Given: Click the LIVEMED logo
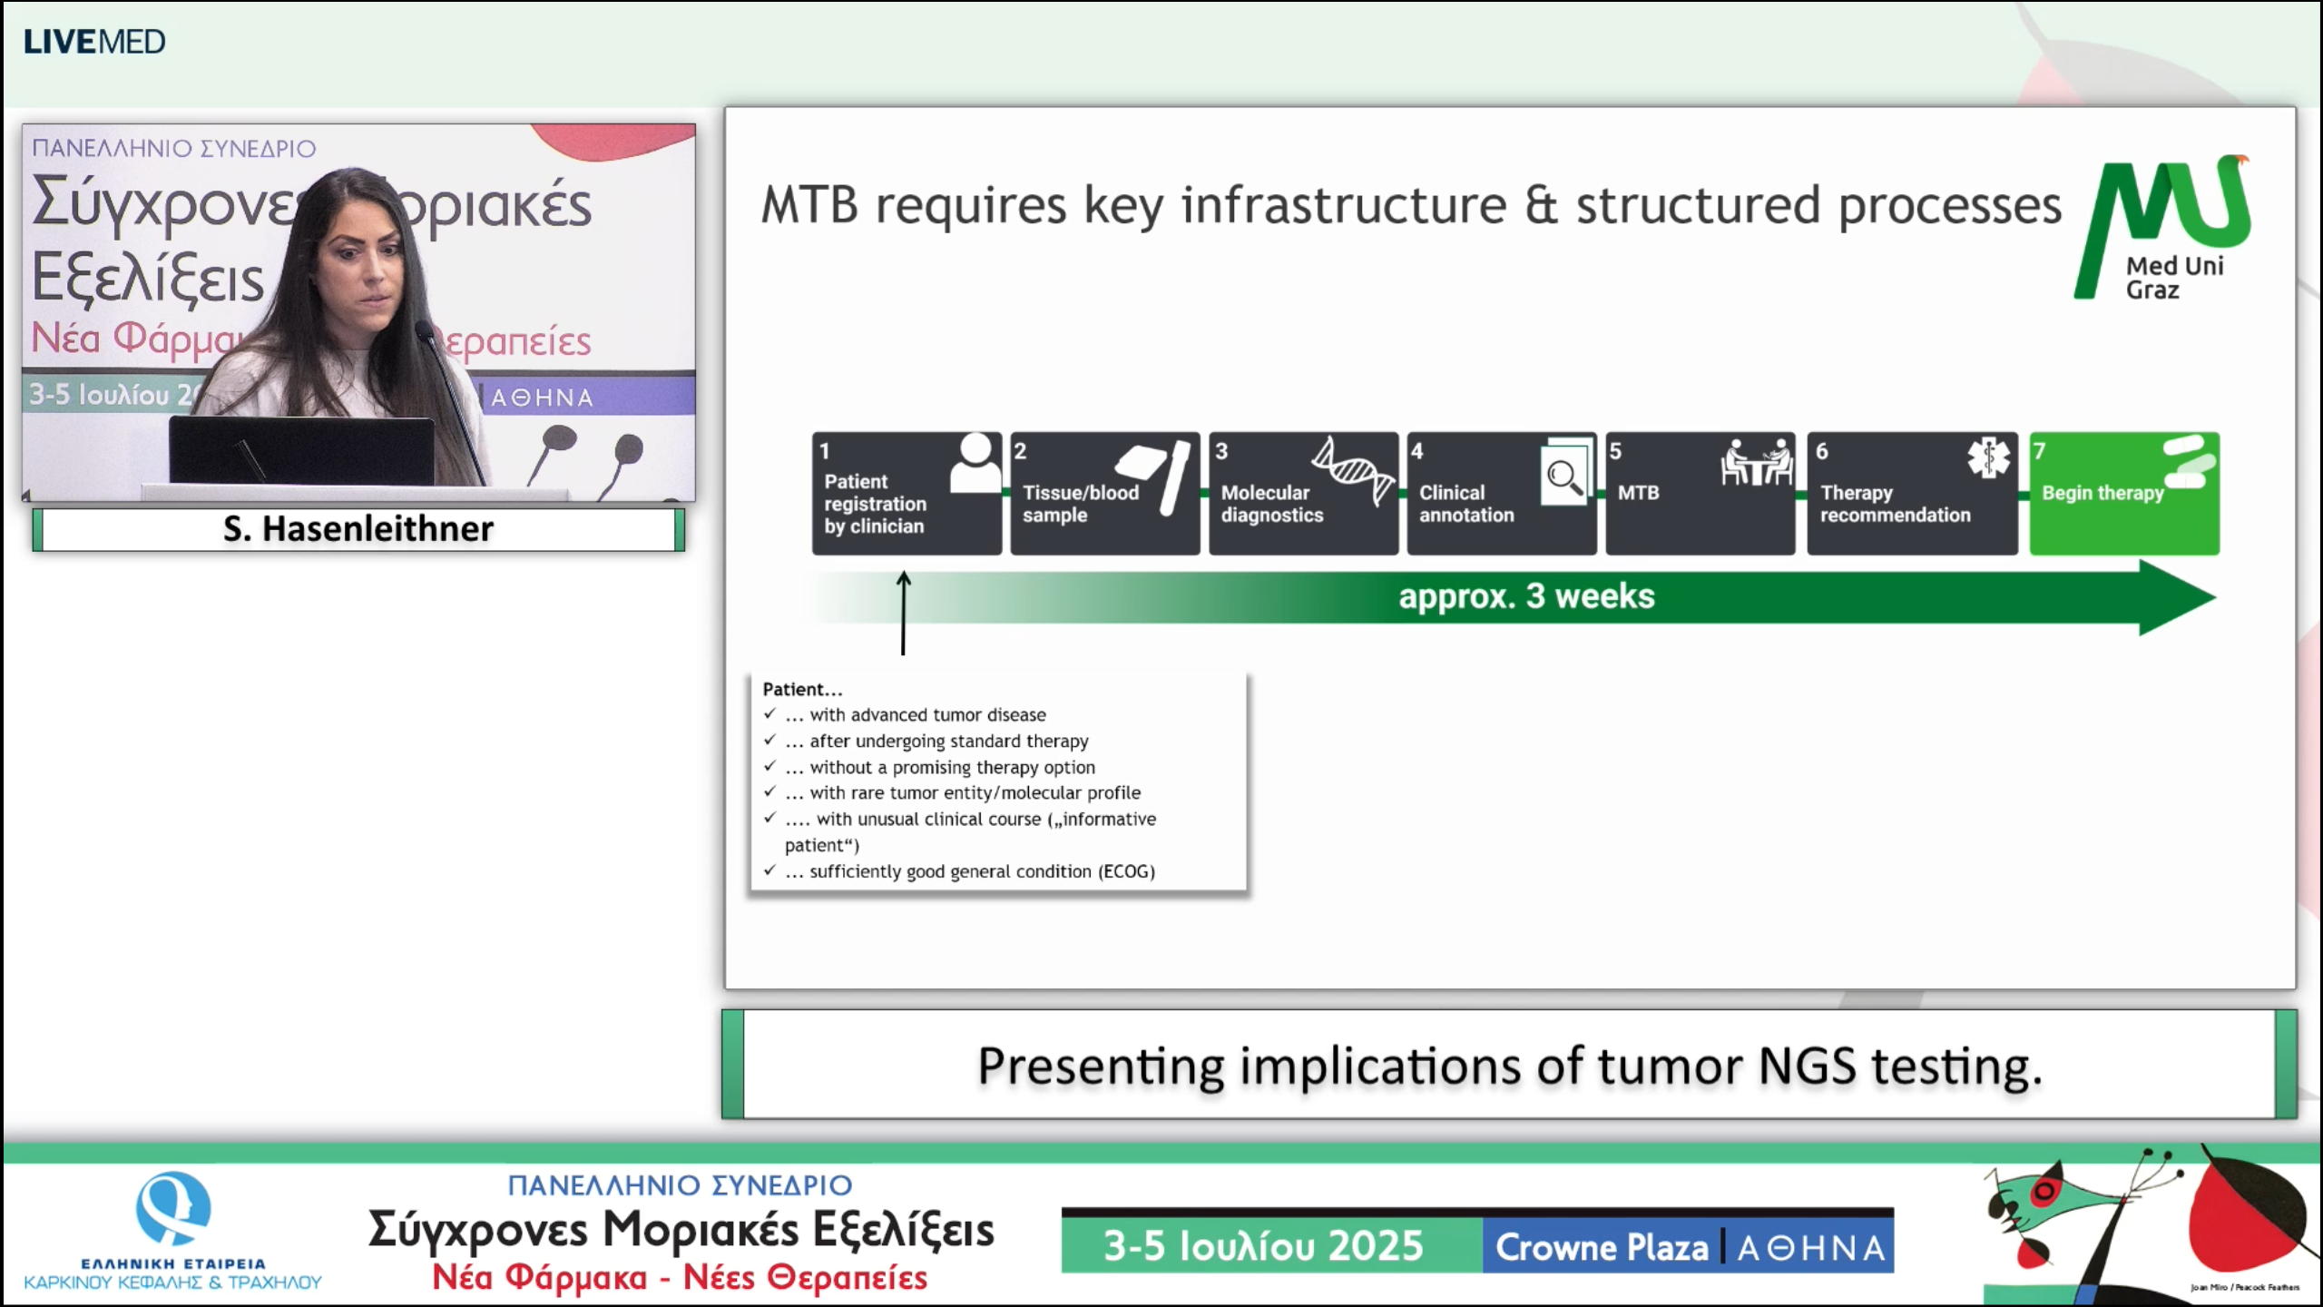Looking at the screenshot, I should tap(93, 42).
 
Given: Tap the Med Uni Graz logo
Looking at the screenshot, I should tap(2163, 227).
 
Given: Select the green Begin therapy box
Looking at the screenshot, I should tap(2123, 494).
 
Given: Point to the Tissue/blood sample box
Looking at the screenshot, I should tap(1104, 494).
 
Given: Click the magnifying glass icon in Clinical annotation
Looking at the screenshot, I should tap(1565, 475).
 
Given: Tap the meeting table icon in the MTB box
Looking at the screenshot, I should tap(1756, 463).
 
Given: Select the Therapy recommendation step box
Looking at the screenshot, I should tap(1911, 494).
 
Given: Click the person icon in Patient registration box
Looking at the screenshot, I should tap(975, 463).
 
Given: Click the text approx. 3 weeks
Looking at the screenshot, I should tap(1526, 596).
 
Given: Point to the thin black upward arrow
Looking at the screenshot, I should tap(903, 613).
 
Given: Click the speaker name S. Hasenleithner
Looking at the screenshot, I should tap(358, 529).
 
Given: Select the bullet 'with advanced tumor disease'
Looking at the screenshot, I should tap(927, 715).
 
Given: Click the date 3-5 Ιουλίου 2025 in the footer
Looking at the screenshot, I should tap(1263, 1246).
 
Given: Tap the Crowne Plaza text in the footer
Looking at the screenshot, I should tap(1602, 1247).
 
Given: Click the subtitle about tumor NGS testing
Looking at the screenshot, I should tap(1509, 1066).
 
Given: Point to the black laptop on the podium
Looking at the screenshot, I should tap(301, 451).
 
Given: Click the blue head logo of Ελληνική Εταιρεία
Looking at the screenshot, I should tap(172, 1208).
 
